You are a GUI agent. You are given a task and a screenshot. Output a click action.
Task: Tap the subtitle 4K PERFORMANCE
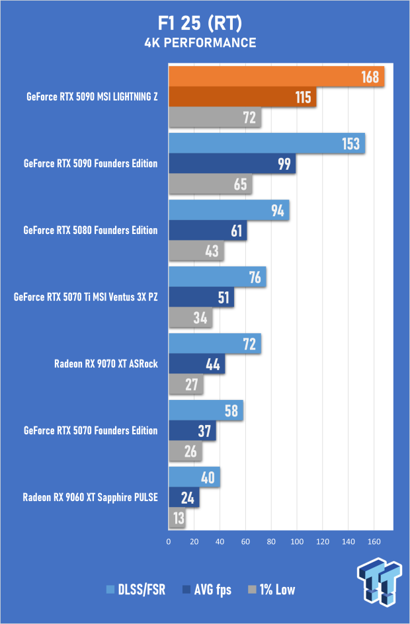pos(200,43)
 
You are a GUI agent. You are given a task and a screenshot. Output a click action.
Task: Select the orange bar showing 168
pos(276,77)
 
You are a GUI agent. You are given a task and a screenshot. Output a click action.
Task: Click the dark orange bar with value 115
pos(243,97)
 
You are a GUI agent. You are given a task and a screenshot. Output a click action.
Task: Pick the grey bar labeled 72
pos(215,118)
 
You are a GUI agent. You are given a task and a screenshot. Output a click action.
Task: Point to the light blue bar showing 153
pos(267,143)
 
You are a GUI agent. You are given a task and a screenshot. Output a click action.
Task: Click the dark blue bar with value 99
pos(232,164)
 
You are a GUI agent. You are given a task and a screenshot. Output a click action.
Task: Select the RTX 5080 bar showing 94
pos(229,210)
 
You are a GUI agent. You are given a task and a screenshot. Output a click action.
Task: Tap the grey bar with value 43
pos(196,251)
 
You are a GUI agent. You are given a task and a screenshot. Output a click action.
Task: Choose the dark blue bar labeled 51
pos(202,297)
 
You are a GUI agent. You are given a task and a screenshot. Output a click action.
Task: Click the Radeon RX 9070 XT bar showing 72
pos(215,344)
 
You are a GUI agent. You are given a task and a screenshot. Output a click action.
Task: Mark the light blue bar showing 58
pos(206,410)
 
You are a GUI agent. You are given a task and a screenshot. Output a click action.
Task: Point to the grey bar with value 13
pos(177,518)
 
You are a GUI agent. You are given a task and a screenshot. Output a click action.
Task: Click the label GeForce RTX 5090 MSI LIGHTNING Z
pos(92,97)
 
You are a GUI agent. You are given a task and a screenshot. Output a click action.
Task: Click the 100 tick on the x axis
pos(297,541)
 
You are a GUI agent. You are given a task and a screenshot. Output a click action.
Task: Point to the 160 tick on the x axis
pos(374,541)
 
